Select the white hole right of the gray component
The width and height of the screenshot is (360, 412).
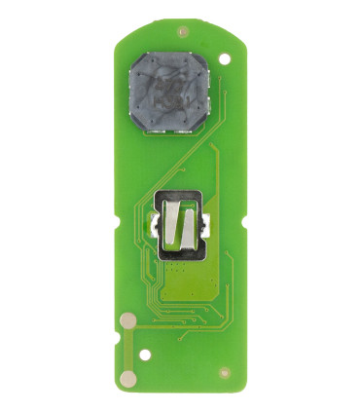[x=225, y=59]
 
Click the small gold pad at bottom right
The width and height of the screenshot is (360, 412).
[x=225, y=371]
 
